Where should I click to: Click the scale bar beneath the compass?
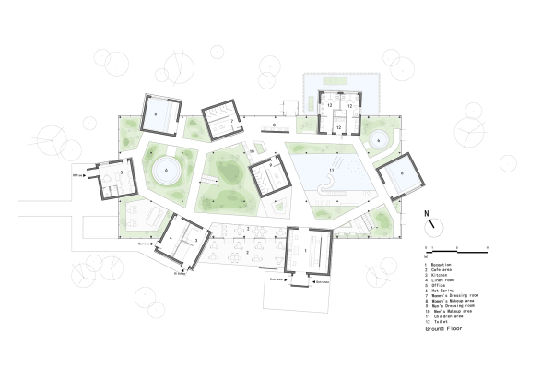pos(455,251)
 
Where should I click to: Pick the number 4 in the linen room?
pos(170,239)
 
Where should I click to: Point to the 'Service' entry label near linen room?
pos(145,244)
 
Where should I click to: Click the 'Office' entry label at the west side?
pos(77,172)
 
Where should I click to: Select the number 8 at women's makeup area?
pos(274,123)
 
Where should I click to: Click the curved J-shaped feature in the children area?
pos(324,191)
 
